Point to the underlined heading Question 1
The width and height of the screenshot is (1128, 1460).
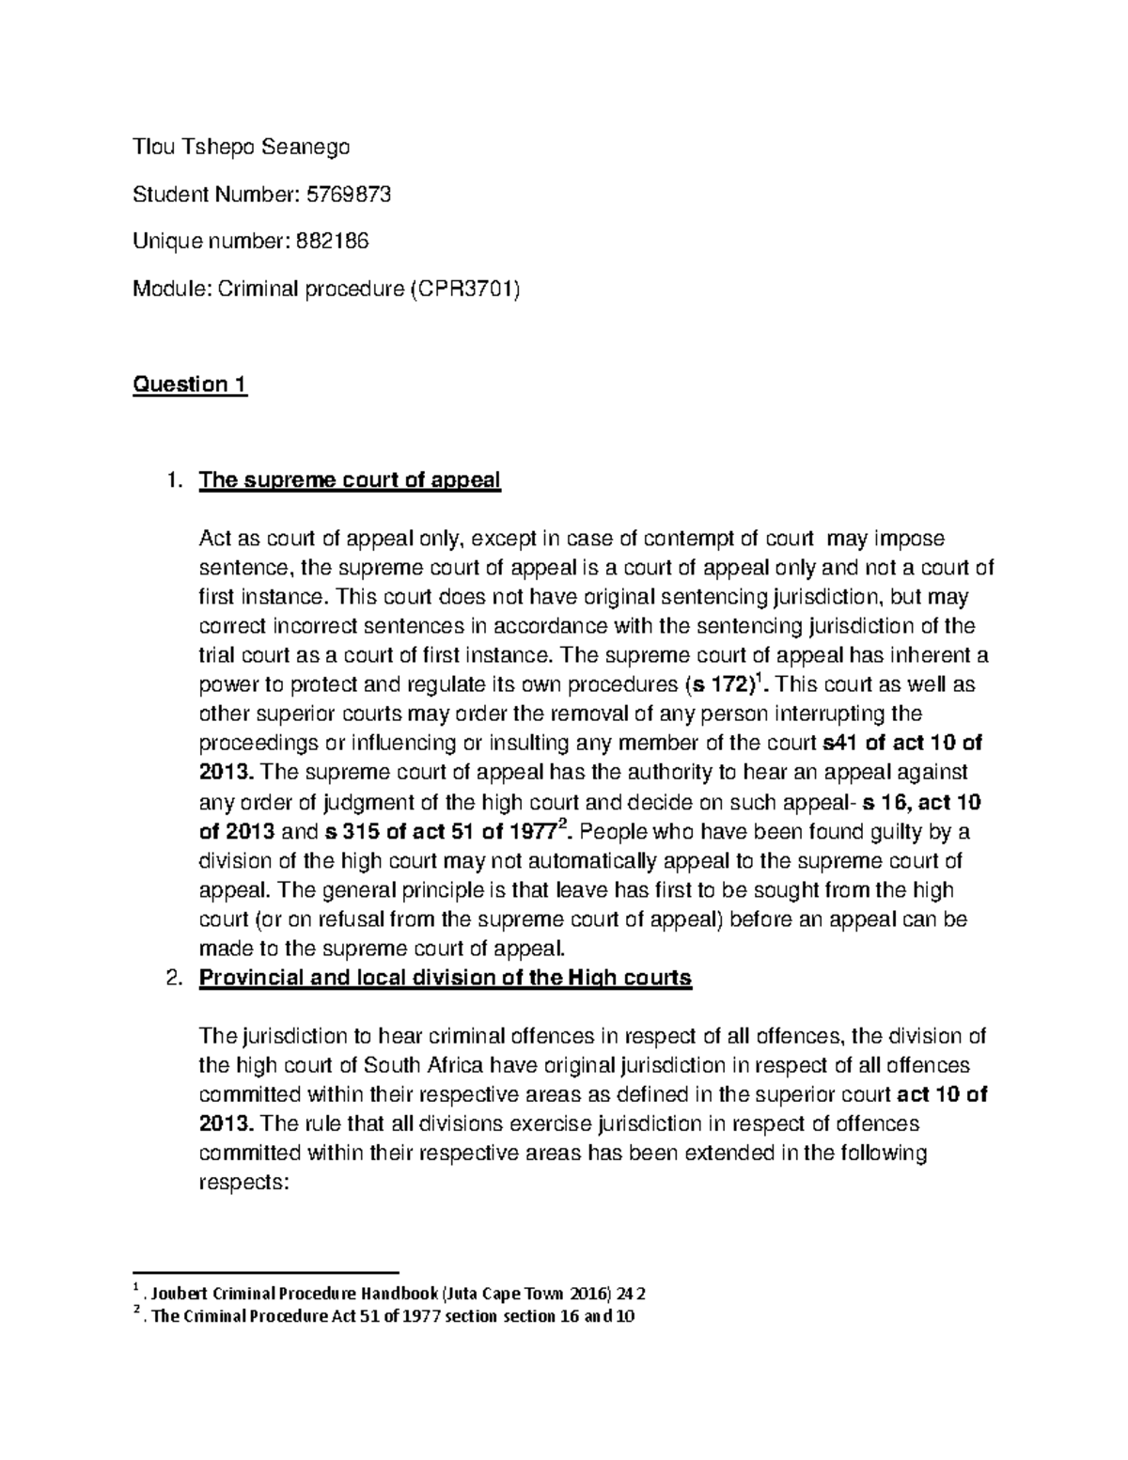coord(191,385)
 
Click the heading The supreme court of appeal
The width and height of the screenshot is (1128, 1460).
coord(350,480)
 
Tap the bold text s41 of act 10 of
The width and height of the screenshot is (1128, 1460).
coord(901,743)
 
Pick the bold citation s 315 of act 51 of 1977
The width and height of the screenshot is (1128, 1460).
coord(442,832)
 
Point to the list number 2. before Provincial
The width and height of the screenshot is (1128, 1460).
coord(172,978)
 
